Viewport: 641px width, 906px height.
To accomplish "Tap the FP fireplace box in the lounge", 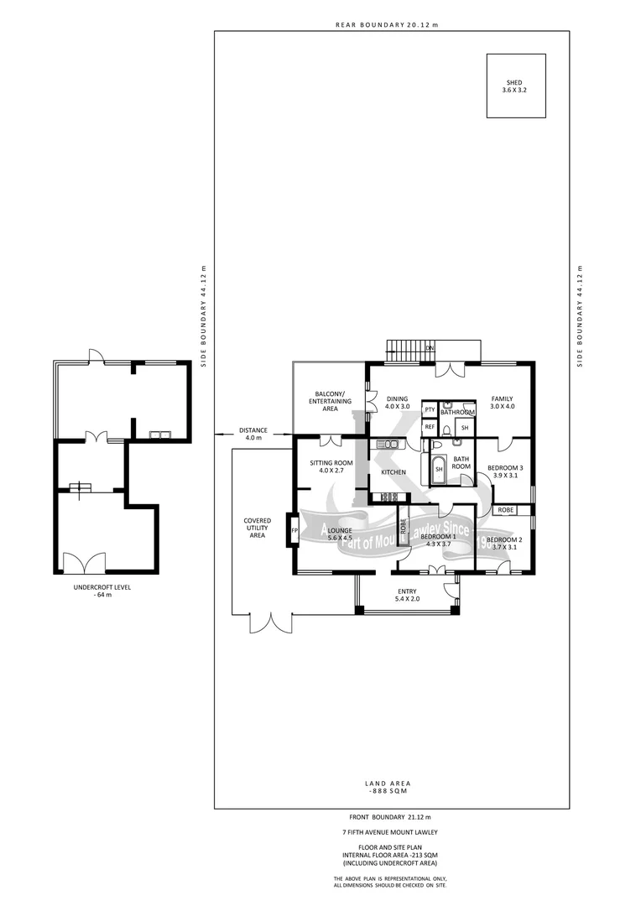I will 294,531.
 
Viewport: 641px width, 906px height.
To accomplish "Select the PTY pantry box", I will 430,409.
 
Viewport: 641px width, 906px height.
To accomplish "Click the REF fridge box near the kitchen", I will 430,427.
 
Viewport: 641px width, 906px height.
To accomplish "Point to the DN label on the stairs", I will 430,347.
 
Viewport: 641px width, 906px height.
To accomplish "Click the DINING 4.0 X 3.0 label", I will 397,403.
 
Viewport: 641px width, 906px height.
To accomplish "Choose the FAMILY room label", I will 502,403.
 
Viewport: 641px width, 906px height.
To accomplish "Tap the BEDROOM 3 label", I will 505,471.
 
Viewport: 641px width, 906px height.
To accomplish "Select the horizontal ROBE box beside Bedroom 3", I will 505,509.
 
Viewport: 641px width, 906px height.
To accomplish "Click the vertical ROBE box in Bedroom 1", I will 404,526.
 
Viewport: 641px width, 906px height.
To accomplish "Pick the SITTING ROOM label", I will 331,466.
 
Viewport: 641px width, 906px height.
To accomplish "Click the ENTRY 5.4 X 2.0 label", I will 407,596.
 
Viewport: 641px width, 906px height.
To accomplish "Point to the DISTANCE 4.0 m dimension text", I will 253,434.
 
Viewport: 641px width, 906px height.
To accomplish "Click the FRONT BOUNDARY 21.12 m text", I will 390,816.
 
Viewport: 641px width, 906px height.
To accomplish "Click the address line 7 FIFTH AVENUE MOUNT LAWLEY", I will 390,831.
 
